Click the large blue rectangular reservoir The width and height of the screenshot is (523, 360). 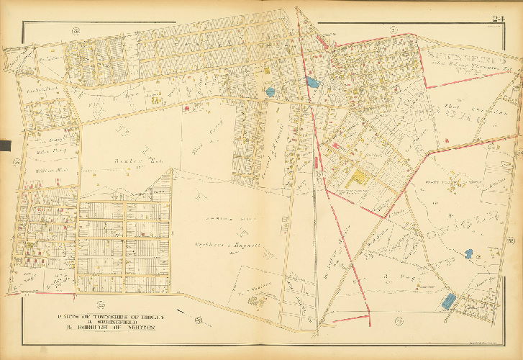click(x=449, y=300)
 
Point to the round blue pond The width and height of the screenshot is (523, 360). click(x=270, y=92)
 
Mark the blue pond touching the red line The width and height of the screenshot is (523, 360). click(x=312, y=82)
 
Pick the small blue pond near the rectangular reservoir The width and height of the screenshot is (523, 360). click(x=469, y=254)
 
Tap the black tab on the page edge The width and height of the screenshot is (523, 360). click(x=4, y=146)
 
